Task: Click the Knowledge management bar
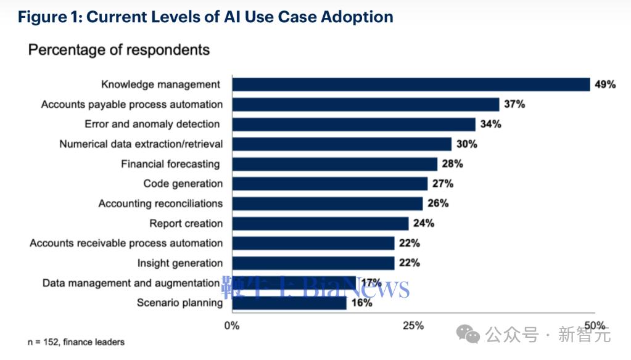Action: [411, 84]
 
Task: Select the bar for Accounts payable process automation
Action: [366, 105]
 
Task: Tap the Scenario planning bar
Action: [289, 303]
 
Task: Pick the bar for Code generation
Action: [330, 184]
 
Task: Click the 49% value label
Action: [605, 84]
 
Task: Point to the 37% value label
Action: [514, 104]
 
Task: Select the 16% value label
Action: [362, 303]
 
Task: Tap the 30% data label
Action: [467, 144]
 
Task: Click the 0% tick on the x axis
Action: [232, 325]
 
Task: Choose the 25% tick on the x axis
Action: [413, 325]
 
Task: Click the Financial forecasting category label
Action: [171, 164]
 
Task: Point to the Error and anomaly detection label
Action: [152, 124]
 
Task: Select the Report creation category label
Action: [186, 223]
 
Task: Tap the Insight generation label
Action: [180, 263]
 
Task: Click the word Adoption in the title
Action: [357, 17]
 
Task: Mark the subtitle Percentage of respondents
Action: [118, 50]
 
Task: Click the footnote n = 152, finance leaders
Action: [76, 342]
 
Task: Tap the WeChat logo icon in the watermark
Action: [468, 334]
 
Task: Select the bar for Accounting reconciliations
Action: [328, 203]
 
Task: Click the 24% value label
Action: [424, 223]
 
